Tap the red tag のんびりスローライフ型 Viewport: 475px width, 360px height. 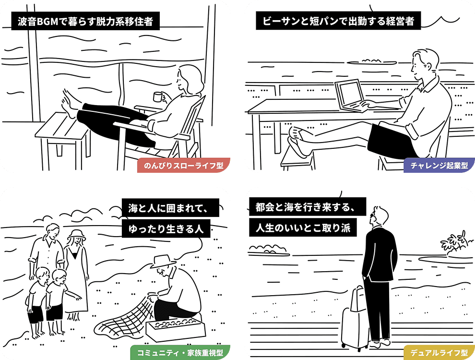[x=183, y=166]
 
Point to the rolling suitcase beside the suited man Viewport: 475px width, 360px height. [x=355, y=317]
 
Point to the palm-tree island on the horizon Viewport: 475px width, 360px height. [x=453, y=242]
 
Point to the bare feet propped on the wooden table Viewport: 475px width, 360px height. [x=68, y=106]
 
